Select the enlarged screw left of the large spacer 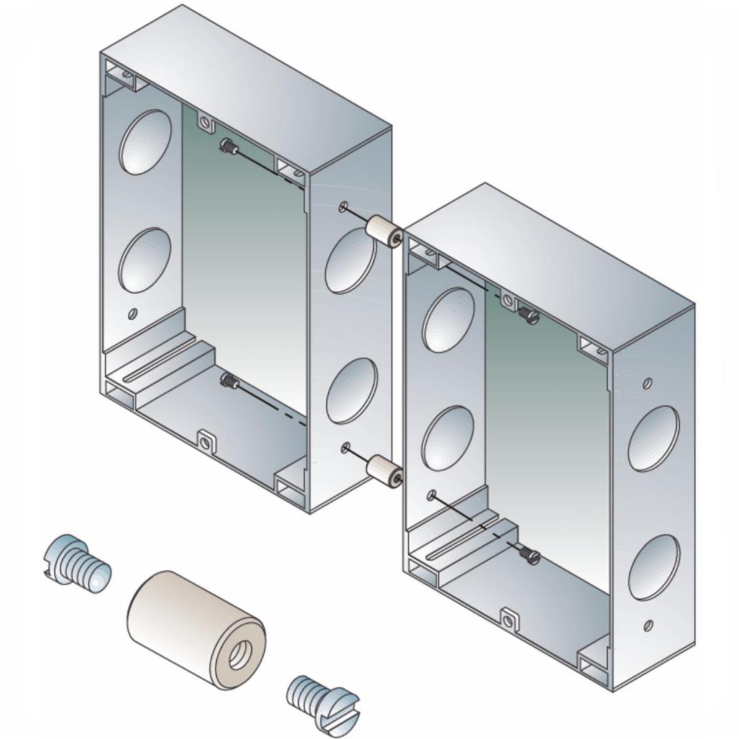(x=78, y=563)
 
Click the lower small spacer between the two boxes (x=383, y=469)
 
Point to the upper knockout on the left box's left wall (x=145, y=141)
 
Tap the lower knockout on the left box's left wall (x=144, y=259)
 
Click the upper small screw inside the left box (x=230, y=147)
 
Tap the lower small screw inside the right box (x=530, y=554)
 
